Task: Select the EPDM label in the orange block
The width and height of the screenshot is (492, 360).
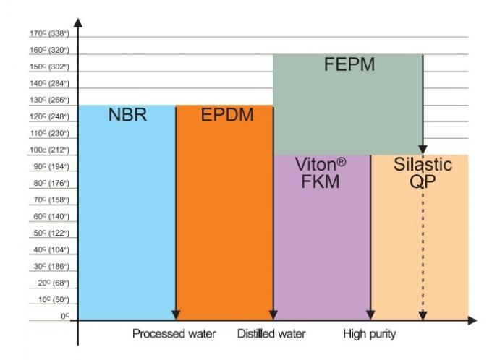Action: pos(227,114)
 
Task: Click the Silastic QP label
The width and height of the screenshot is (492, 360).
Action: pos(423,173)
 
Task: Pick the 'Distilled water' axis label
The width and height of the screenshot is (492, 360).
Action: pos(271,334)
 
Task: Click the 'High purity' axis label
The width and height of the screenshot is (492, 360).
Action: pos(370,334)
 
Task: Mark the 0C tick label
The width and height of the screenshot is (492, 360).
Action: pos(64,317)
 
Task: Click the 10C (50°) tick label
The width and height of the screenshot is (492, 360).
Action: pos(49,300)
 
